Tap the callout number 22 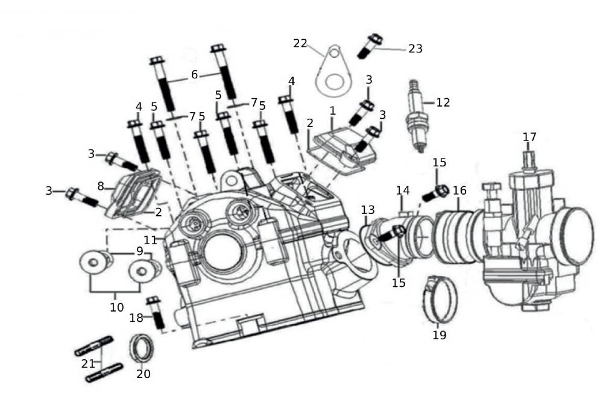pyautogui.click(x=300, y=43)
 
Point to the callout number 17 pyautogui.click(x=529, y=137)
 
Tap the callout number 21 pyautogui.click(x=88, y=363)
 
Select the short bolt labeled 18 pyautogui.click(x=156, y=313)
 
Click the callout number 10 pyautogui.click(x=116, y=307)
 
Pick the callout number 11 pyautogui.click(x=150, y=240)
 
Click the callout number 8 pyautogui.click(x=101, y=185)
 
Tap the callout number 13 pyautogui.click(x=368, y=210)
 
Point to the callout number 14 pyautogui.click(x=403, y=190)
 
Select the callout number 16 pyautogui.click(x=459, y=190)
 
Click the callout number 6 pyautogui.click(x=194, y=75)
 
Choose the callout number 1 pyautogui.click(x=332, y=111)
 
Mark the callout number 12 pyautogui.click(x=443, y=102)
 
